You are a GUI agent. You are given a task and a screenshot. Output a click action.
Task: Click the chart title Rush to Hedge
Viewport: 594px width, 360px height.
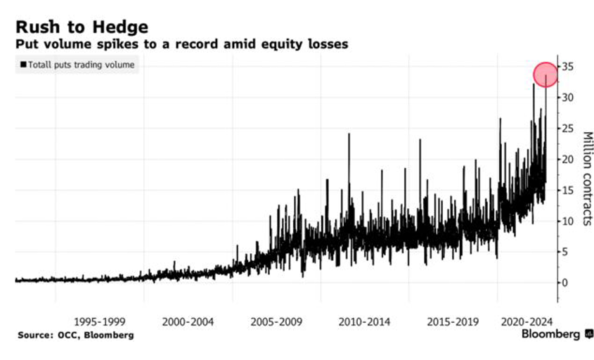[82, 27]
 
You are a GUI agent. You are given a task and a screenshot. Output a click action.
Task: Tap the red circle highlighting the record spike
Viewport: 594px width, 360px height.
[545, 75]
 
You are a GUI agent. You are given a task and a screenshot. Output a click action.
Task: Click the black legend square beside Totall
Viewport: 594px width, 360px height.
[23, 65]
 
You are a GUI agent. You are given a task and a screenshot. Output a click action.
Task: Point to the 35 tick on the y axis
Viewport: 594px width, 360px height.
[568, 67]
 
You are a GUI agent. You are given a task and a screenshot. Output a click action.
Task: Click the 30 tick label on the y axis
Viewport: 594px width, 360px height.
[568, 98]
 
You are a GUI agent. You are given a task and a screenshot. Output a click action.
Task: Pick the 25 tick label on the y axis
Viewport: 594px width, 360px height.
[568, 129]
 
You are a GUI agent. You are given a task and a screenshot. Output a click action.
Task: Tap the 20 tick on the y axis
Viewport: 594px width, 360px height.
[568, 160]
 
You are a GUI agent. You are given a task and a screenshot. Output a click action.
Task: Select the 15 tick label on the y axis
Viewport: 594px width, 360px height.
[568, 190]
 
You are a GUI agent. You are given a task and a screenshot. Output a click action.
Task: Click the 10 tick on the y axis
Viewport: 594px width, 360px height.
[568, 221]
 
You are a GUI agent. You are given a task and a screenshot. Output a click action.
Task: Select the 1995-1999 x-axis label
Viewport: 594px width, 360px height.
[101, 321]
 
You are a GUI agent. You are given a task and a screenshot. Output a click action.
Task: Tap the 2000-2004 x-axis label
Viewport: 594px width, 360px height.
[188, 321]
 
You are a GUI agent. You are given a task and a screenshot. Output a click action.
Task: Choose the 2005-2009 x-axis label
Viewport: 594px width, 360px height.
[276, 321]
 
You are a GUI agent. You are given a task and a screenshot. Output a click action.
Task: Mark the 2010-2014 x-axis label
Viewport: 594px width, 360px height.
[364, 321]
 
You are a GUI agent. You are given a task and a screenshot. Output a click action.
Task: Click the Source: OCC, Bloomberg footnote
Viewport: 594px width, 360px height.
[75, 335]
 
